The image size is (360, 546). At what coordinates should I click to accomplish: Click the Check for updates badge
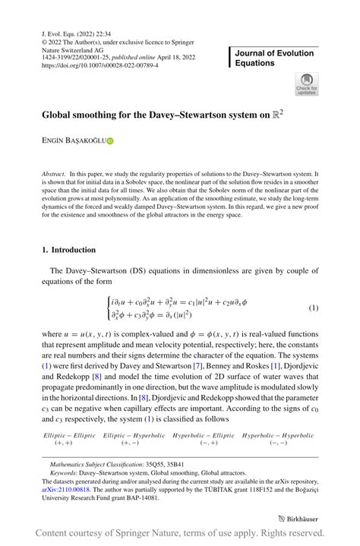point(307,84)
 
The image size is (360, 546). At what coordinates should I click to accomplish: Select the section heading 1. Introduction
point(69,249)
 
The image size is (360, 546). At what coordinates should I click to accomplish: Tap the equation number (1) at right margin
point(312,308)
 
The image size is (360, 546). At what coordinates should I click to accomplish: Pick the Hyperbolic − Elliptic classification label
point(204,435)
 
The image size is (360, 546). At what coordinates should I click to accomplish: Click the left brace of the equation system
point(111,308)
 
